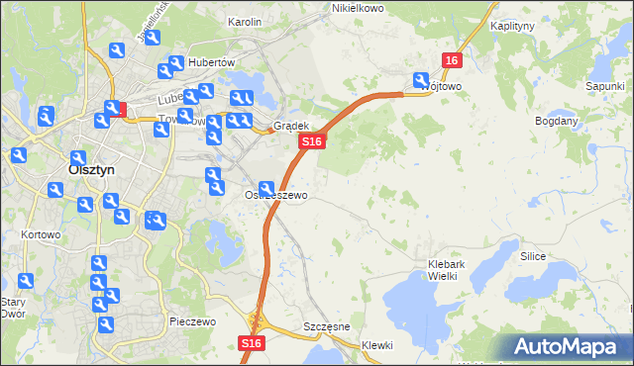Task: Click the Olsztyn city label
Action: click(x=91, y=169)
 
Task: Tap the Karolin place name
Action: click(x=244, y=21)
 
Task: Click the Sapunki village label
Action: click(x=603, y=86)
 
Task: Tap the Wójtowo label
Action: click(x=442, y=86)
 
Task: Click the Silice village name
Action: click(x=534, y=255)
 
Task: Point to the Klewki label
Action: click(x=377, y=345)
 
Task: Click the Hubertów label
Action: click(x=210, y=61)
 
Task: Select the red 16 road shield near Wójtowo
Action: click(x=452, y=60)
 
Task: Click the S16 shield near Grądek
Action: click(x=311, y=142)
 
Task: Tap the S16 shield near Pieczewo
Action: click(x=252, y=343)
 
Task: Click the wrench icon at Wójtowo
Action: click(x=421, y=81)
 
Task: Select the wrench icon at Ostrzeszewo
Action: click(x=266, y=189)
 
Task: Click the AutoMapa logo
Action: click(x=566, y=347)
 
